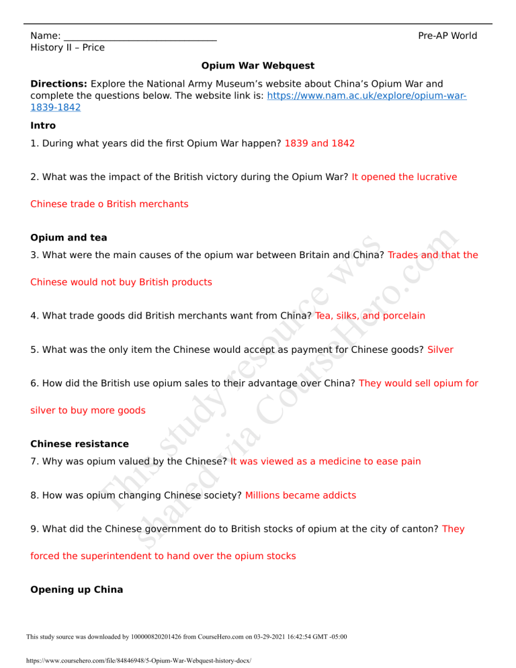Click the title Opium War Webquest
257,66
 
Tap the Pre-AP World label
447,36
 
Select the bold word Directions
59,84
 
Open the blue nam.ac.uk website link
366,96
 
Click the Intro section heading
43,125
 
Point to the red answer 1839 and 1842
320,143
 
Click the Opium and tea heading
69,237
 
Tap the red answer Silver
440,349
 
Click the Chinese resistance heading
79,444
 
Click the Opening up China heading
77,589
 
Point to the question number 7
34,461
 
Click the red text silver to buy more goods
88,410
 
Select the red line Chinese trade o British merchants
110,203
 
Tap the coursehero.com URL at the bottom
138,661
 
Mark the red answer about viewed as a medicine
325,461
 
